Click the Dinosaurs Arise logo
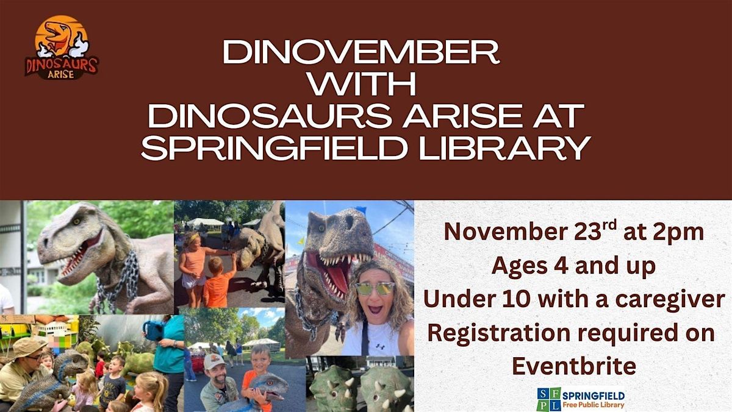[61, 48]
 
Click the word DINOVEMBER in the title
[361, 54]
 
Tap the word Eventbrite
[573, 365]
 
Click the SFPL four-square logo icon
[548, 399]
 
